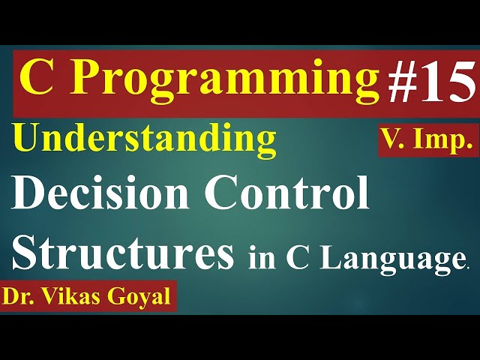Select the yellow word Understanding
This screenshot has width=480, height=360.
[144, 139]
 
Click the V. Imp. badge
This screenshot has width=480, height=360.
[427, 140]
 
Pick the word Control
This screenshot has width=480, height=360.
[288, 195]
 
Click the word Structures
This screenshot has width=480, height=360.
[123, 251]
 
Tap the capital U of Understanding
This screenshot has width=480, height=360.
[27, 139]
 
